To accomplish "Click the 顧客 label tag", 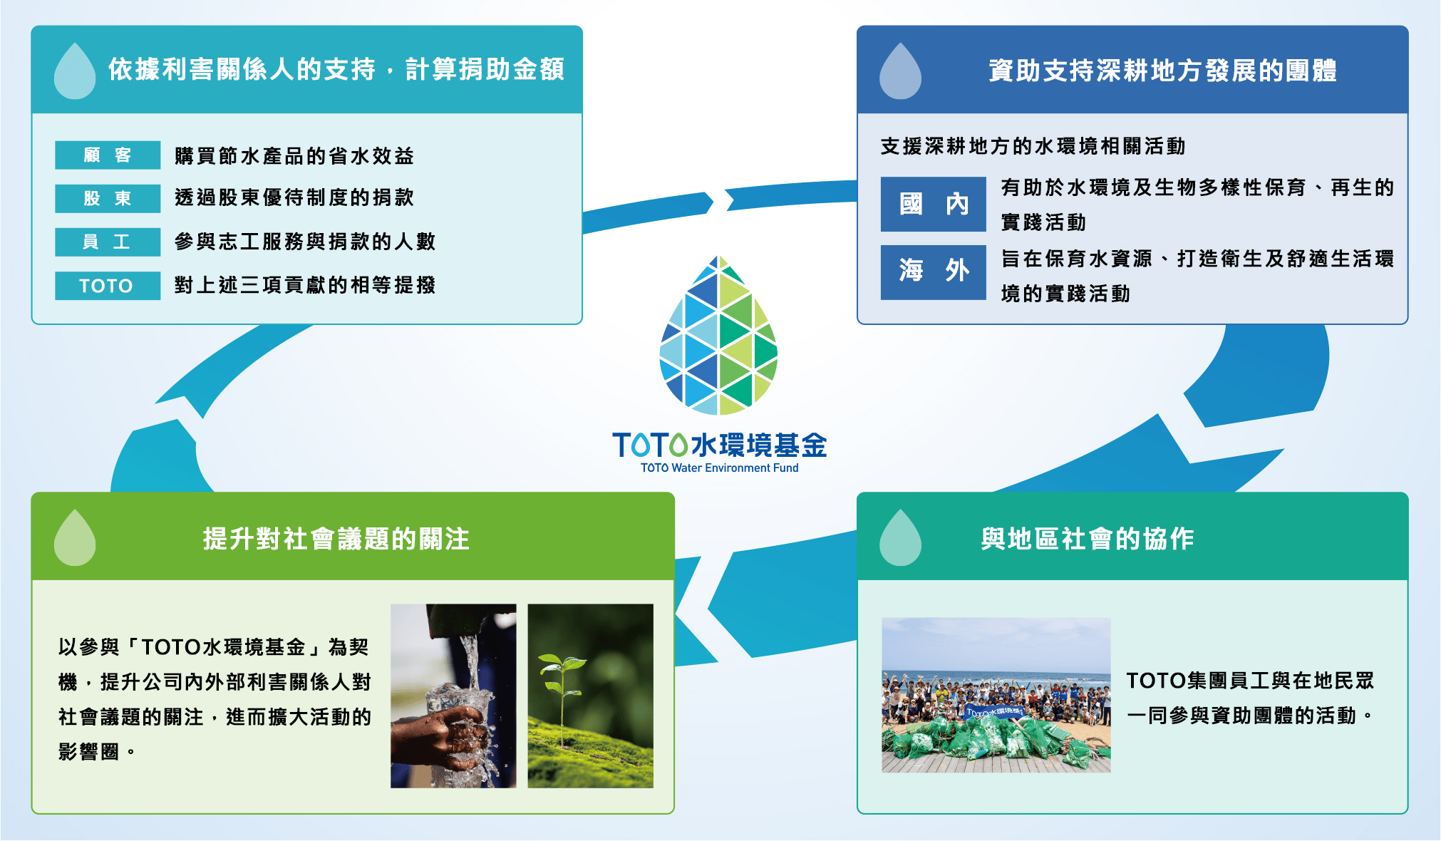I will click(108, 155).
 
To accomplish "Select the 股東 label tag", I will click(108, 198).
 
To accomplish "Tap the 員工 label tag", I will click(108, 242).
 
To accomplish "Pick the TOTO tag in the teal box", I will click(108, 286).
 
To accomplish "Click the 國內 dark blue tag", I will click(933, 205).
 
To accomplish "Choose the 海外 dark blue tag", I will click(933, 272).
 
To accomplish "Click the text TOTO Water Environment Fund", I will click(719, 468).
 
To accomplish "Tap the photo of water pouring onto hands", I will click(453, 696).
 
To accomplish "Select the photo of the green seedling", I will click(590, 696).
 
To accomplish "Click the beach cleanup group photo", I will click(996, 695).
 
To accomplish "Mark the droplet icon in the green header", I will click(75, 538).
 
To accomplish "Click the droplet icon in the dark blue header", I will click(900, 71).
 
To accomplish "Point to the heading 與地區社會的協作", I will click(1087, 539).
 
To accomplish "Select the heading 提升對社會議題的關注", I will click(336, 539).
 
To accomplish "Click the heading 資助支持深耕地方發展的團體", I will click(1162, 71).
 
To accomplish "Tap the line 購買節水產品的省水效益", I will click(294, 155).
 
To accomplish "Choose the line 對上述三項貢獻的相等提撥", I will click(305, 285).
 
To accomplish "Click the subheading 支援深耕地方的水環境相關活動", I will click(1033, 147).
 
